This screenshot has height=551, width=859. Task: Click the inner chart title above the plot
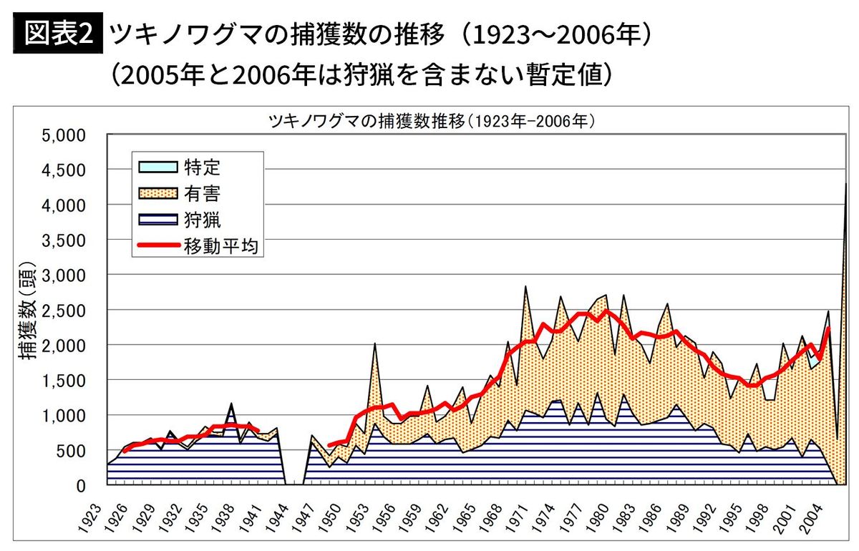[x=432, y=122]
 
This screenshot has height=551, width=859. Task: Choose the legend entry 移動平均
[x=221, y=246]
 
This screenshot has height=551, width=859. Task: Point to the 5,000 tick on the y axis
[x=64, y=135]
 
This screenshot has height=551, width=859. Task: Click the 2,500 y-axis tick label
[x=64, y=311]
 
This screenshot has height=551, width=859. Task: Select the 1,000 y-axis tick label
[x=64, y=416]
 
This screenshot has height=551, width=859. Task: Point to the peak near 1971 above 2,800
[x=525, y=287]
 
